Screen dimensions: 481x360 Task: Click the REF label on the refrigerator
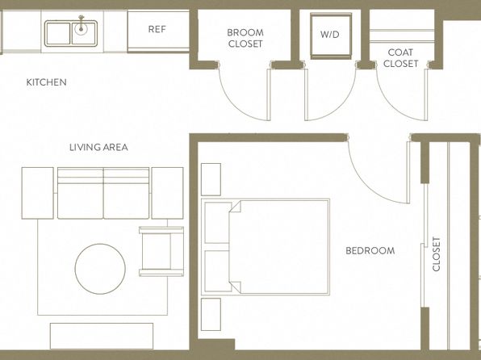[157, 29]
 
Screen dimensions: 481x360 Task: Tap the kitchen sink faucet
[81, 24]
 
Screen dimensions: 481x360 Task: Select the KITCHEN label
[46, 82]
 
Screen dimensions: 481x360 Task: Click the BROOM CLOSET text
[245, 38]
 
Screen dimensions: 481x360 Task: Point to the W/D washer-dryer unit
[331, 36]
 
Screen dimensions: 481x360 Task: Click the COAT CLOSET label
[400, 58]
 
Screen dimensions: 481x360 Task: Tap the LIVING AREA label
[98, 148]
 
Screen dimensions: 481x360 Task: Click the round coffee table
[100, 269]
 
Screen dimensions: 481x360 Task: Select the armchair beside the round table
[161, 251]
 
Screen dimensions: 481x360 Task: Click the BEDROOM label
[370, 251]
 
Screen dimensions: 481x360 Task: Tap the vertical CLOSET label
[437, 253]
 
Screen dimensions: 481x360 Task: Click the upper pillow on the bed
[218, 223]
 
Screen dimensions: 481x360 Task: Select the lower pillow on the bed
[218, 271]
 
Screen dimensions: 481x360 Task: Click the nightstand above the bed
[211, 179]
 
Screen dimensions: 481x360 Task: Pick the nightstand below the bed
[211, 314]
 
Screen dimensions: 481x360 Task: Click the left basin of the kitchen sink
[57, 33]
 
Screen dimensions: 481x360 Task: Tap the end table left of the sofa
[37, 193]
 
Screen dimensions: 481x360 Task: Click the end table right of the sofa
[168, 193]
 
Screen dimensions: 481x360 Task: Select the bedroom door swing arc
[368, 183]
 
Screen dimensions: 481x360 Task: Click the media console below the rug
[102, 336]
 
